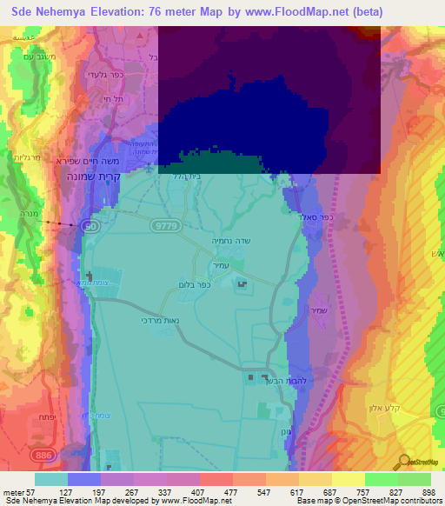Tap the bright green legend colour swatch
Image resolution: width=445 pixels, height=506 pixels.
(x=382, y=479)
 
